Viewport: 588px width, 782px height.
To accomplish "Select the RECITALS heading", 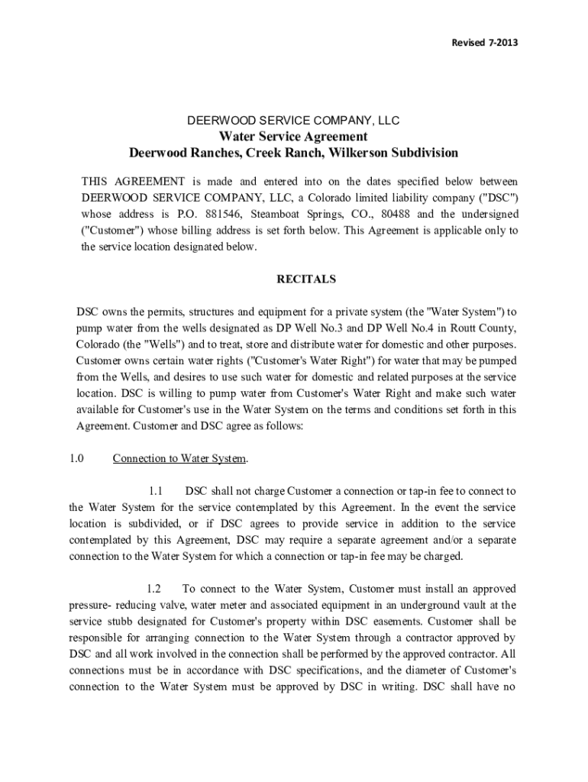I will [305, 280].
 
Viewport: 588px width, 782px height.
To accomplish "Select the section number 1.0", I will [76, 459].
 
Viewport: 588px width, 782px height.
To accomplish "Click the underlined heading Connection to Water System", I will [179, 459].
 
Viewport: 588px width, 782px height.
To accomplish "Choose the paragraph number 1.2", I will [153, 589].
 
